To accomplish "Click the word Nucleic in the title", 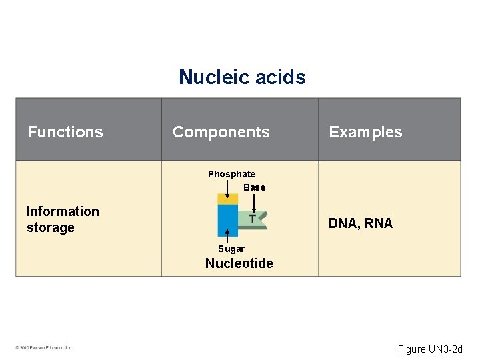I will tap(211, 77).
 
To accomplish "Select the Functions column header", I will tap(65, 132).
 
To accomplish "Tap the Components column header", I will tap(221, 132).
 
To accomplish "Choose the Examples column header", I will tap(365, 132).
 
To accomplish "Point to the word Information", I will tap(63, 211).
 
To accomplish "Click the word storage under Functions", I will tap(51, 228).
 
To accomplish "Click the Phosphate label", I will tap(231, 174).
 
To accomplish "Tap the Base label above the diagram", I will tap(254, 187).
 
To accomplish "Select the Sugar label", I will tap(231, 249).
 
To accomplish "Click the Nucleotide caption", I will tap(239, 263).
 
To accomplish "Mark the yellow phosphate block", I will tap(227, 199).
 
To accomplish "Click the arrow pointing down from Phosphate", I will tap(227, 189).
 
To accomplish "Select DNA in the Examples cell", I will tap(343, 224).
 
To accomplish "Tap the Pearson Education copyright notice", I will tap(43, 347).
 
